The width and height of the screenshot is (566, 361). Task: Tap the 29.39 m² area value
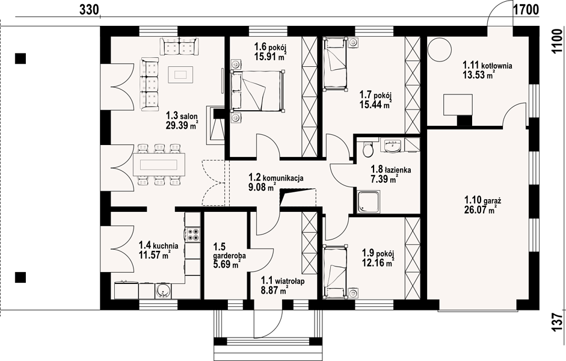tap(182, 126)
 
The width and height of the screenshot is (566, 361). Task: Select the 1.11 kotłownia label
tap(487, 66)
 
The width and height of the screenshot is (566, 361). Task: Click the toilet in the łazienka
tap(368, 149)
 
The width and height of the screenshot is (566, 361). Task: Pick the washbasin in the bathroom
tap(392, 146)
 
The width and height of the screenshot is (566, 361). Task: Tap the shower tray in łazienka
tap(368, 202)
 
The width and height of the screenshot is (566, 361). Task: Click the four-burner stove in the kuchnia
tap(192, 234)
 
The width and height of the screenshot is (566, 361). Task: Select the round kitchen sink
tap(164, 291)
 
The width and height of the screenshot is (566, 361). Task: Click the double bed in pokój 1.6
tap(257, 90)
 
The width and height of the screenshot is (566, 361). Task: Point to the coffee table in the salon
tap(180, 75)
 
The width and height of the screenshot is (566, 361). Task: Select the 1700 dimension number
tap(526, 10)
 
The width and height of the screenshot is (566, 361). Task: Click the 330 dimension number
tap(89, 10)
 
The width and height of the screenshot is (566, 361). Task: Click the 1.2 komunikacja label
tap(275, 177)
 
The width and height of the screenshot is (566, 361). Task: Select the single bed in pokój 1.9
tap(336, 271)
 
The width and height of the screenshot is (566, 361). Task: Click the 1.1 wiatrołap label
tap(283, 280)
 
